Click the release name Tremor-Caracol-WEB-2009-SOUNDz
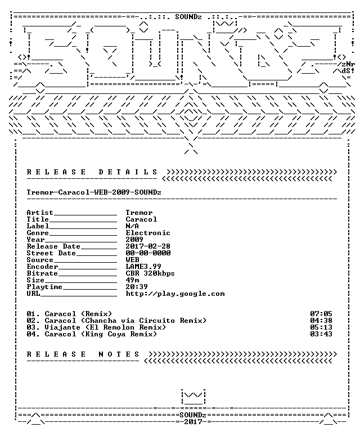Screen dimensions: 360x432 tap(94, 192)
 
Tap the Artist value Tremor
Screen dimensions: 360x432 tap(139, 213)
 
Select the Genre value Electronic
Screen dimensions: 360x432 tap(148, 233)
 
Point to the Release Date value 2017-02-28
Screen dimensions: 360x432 tap(148, 246)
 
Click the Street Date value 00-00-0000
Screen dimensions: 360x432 tap(148, 253)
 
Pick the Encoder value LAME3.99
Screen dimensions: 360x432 tap(143, 267)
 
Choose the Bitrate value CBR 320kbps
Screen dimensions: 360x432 tap(150, 273)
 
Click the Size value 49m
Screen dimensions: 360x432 tap(133, 280)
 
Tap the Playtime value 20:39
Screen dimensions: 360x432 tap(137, 287)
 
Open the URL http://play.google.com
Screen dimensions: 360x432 tap(175, 294)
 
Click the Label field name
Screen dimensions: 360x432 tap(38, 226)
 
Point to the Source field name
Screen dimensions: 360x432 tap(40, 260)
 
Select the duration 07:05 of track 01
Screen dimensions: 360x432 tap(321, 314)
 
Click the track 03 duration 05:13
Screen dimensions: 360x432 tap(321, 327)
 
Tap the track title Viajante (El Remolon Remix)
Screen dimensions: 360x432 tap(106, 327)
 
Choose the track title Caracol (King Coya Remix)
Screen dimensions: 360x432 tap(101, 334)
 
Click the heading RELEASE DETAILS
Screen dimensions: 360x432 tap(92, 172)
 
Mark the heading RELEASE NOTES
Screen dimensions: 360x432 tap(83, 354)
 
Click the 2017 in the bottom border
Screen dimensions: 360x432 tap(193, 422)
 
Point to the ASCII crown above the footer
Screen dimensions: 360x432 tap(193, 397)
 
